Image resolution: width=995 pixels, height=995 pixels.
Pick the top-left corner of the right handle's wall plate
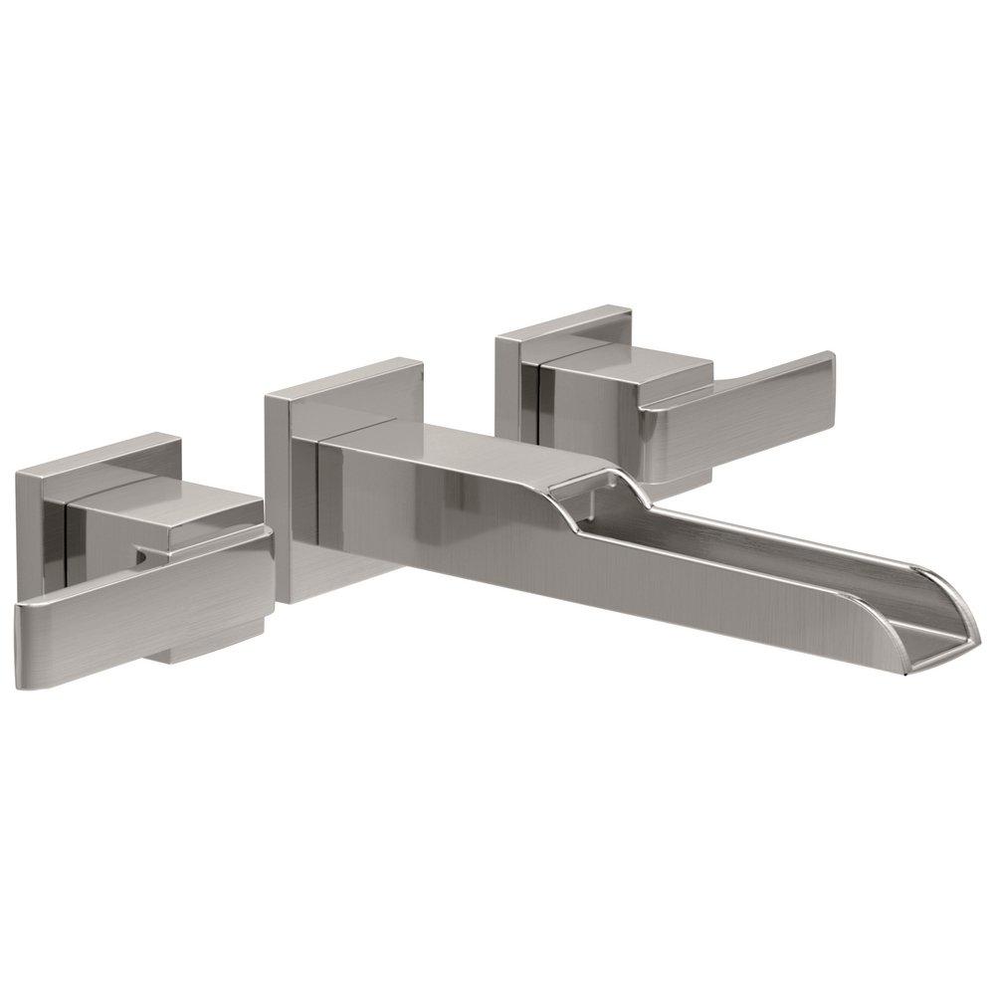497,341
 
